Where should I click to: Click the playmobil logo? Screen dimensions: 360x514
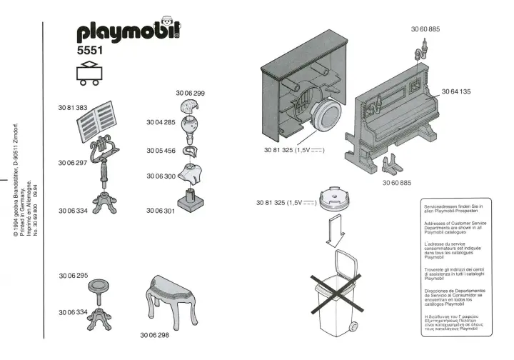(127, 31)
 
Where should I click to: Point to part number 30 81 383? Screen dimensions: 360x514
(72, 107)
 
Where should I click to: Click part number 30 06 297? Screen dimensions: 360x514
(72, 163)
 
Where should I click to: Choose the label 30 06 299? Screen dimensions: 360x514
(191, 94)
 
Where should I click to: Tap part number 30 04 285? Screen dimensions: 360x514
(161, 123)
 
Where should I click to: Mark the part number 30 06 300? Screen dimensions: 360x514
(161, 176)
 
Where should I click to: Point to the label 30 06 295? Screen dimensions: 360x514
(73, 275)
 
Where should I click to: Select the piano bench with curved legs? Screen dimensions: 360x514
(171, 301)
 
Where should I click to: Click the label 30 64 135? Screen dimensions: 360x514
(455, 91)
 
